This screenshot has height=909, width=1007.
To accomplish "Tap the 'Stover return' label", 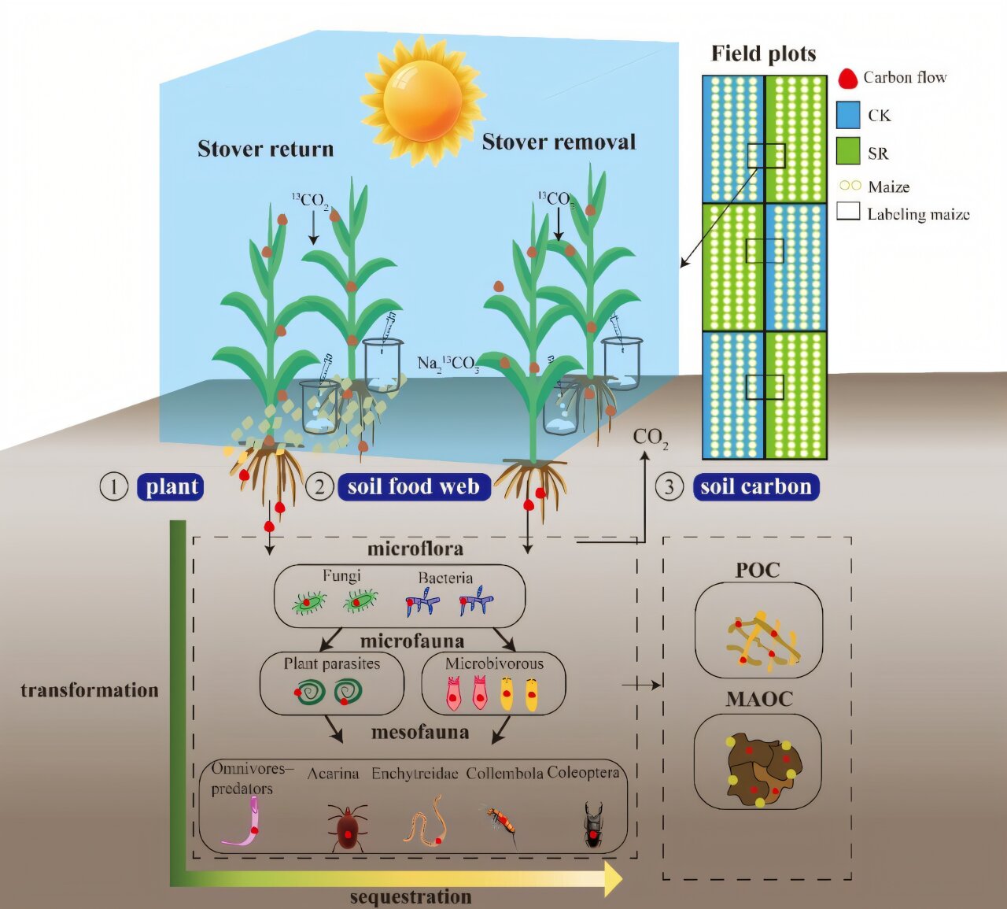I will tap(265, 149).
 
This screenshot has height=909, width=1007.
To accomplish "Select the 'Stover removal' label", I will tap(559, 142).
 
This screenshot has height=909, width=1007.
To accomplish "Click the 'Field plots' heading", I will tap(763, 54).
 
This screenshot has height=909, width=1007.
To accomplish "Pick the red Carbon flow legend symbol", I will tap(847, 78).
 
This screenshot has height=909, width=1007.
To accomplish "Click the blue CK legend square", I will tap(848, 115).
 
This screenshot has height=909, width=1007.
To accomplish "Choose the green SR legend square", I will tap(848, 152).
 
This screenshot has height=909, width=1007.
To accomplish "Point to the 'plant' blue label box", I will tap(172, 487).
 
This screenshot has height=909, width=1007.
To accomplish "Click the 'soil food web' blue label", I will tap(413, 487).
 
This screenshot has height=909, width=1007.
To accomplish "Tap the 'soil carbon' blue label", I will tap(755, 487).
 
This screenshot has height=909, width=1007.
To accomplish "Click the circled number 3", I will tap(669, 487).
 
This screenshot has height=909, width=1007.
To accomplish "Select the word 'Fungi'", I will tap(341, 576).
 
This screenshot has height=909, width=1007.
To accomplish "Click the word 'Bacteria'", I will tap(445, 578).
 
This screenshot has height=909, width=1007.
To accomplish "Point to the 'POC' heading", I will tap(758, 570).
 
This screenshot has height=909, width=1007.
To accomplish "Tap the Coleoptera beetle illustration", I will tap(593, 825).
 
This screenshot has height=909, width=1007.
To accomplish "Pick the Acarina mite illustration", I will tap(347, 828).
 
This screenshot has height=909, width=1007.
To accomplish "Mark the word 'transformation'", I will tap(90, 690).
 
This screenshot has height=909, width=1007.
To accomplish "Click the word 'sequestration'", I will tap(410, 897).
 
